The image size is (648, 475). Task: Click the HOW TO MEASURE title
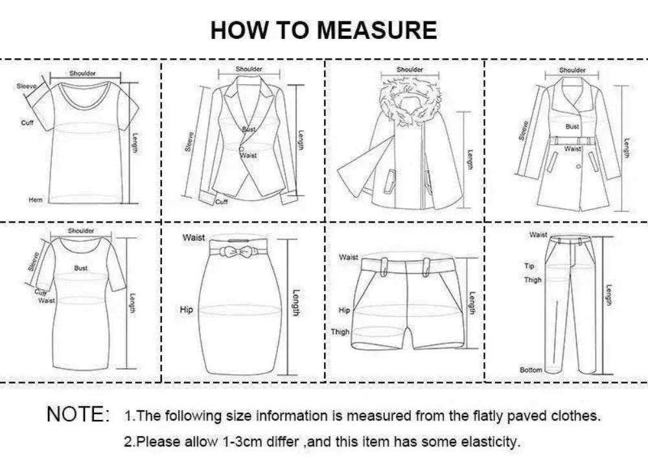coord(323,30)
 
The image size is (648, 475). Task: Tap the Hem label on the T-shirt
coord(36,200)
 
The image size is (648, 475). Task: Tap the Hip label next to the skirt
coord(187,310)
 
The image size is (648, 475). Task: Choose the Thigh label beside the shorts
coord(340,332)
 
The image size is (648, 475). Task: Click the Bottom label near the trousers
coord(531,370)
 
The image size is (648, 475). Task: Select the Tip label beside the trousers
coord(529,266)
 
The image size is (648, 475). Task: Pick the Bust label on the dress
coord(81,268)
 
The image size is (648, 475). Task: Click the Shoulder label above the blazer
coord(249,69)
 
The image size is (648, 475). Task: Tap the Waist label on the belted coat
coord(572,149)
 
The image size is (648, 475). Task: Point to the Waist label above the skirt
coord(194,238)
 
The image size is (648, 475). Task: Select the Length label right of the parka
coord(470,160)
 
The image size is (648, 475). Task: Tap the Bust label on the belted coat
coord(572,127)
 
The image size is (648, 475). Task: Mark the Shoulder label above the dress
coord(81,231)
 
